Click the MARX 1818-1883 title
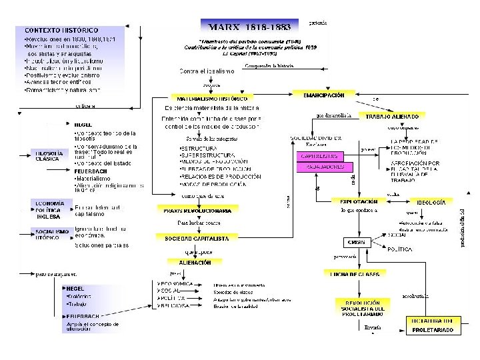point(249,27)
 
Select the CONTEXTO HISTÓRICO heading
point(61,30)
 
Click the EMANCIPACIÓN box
point(319,95)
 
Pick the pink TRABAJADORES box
point(325,167)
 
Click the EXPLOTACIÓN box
point(359,201)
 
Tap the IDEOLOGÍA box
point(431,201)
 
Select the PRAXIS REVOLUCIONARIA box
point(197,210)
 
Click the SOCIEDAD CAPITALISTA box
point(197,238)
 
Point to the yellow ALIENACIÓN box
point(195,263)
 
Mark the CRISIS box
point(357,242)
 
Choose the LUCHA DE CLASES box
point(355,273)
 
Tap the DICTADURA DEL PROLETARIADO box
point(433,325)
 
